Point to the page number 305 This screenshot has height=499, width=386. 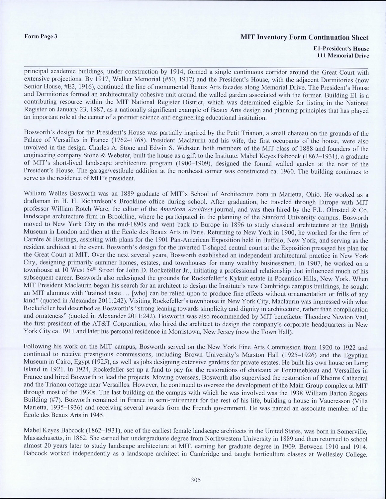[196, 480]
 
